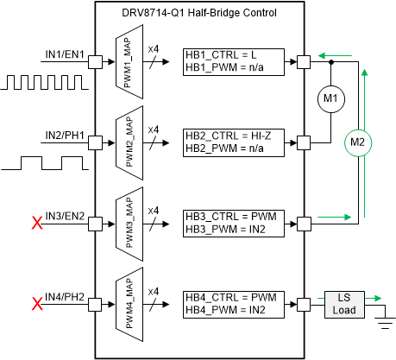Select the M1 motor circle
[330, 100]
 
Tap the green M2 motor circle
[356, 141]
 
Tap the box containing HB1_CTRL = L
[234, 62]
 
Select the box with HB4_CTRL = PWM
[234, 303]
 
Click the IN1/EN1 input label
[65, 54]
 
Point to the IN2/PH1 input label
[65, 135]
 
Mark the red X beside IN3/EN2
[37, 224]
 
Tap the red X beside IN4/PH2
[37, 304]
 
